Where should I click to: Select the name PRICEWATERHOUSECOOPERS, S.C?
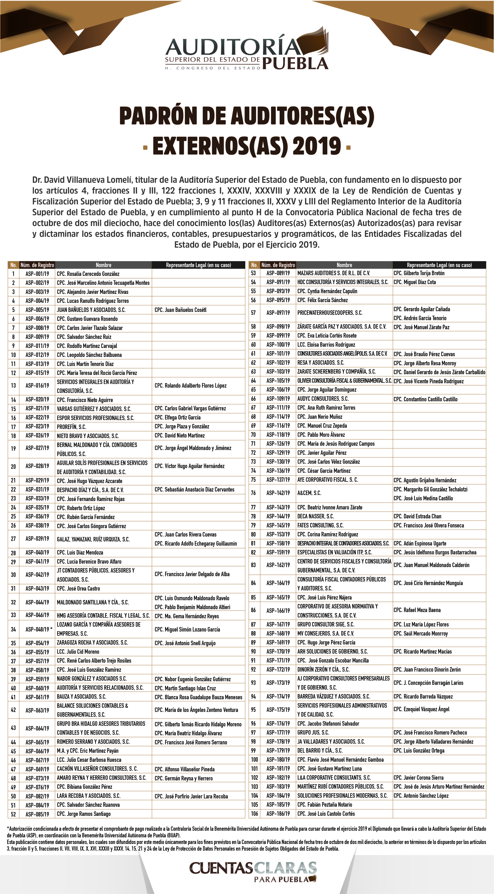(330, 313)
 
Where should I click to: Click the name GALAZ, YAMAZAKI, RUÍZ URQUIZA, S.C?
(93, 539)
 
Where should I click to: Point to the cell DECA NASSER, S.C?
(315, 516)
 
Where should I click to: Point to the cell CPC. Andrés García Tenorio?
(420, 318)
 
